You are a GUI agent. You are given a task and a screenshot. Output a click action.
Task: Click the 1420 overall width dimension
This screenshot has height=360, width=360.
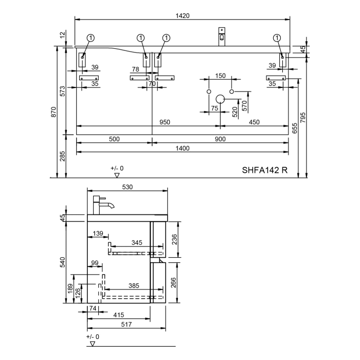pos(183,15)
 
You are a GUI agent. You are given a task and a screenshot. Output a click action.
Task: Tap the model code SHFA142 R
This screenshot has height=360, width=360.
pos(265,170)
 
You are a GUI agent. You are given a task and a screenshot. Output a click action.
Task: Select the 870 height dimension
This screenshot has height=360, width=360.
pos(53,112)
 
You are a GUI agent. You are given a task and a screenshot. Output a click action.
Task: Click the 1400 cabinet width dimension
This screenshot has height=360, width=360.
pos(183,148)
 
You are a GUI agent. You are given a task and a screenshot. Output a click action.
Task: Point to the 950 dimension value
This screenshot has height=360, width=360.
pos(165,122)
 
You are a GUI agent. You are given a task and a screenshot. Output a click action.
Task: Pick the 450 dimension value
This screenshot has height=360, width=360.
pos(254,122)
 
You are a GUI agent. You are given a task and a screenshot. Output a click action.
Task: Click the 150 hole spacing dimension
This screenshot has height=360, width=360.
pos(221,76)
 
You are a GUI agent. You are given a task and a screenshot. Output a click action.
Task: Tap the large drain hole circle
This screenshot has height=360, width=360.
pos(220,99)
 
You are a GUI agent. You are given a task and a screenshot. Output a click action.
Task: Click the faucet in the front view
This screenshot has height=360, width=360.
pos(222,37)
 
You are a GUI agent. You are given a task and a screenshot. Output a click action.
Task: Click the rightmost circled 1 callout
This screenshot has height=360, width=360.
pos(277,38)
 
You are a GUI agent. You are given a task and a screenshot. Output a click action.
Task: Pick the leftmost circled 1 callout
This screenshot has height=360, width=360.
pos(91,38)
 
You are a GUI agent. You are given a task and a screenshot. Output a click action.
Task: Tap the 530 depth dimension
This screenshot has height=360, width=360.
pos(128,187)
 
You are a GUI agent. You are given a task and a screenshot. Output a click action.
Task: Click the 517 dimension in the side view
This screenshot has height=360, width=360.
pos(127,324)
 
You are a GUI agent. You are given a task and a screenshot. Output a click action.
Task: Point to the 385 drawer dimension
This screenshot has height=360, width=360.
pos(134,285)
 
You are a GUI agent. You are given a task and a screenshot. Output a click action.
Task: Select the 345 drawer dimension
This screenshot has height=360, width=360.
pos(137,242)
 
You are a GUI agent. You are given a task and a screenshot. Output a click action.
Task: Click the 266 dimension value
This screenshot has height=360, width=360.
pos(174,283)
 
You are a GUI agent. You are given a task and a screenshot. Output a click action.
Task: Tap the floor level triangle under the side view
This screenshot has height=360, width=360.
pos(93,344)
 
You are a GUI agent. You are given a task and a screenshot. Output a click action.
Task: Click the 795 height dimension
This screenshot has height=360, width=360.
pos(303,117)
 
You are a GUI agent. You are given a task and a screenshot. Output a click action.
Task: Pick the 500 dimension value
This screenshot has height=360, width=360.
pos(114,139)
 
